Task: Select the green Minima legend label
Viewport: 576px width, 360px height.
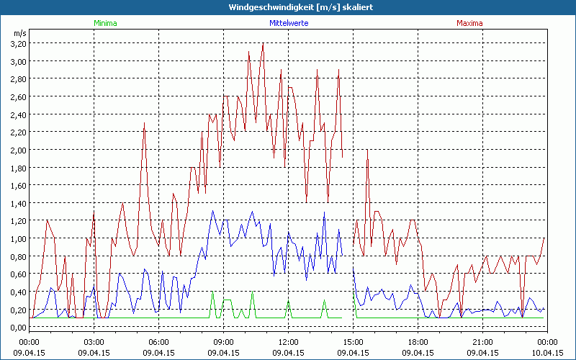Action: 104,23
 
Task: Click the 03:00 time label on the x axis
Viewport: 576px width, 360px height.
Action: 94,342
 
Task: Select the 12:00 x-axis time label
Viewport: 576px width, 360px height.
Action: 288,342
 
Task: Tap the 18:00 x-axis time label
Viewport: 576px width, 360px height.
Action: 418,342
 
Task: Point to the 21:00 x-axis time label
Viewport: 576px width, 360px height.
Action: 482,342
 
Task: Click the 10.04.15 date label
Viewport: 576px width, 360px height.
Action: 547,353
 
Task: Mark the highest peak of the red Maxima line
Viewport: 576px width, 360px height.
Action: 263,44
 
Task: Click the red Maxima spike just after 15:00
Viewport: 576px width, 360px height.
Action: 367,150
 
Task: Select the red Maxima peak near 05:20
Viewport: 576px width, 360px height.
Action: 145,123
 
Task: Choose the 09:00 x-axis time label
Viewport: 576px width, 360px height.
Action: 223,342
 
